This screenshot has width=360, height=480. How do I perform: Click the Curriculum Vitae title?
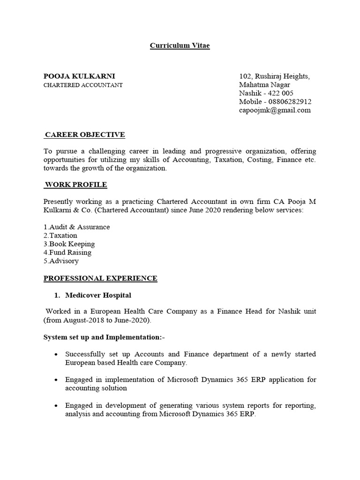tap(180, 46)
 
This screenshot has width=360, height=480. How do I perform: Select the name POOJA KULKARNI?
tap(79, 76)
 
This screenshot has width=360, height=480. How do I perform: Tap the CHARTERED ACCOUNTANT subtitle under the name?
tap(83, 85)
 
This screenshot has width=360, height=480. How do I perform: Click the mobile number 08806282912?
tap(290, 102)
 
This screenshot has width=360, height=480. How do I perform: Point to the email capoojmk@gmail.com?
tap(275, 110)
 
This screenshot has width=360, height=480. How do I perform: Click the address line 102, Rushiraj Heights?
tap(274, 76)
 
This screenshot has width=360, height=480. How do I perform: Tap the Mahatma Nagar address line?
tap(264, 85)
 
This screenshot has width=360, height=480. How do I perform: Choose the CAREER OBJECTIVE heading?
tap(85, 135)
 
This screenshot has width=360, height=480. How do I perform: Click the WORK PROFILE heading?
tap(75, 185)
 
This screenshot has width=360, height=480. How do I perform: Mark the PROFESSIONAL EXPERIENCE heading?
tap(100, 278)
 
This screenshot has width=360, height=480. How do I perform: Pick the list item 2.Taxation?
tap(60, 235)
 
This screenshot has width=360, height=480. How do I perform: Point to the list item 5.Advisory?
tap(61, 261)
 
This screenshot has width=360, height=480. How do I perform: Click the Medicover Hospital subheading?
tap(98, 295)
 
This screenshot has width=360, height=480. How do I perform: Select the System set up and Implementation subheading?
tap(105, 337)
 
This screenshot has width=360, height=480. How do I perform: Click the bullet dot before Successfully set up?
tap(56, 354)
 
